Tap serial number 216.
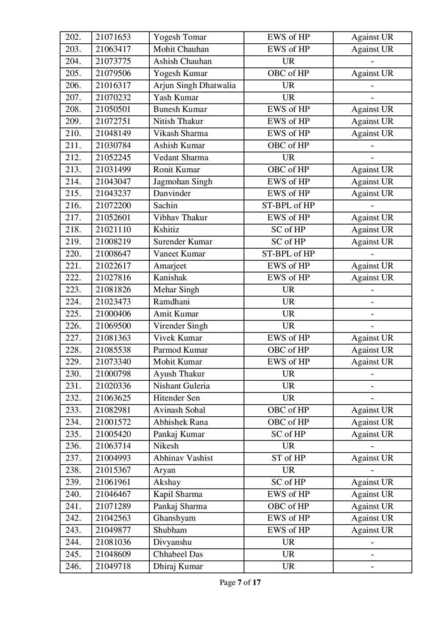(72, 206)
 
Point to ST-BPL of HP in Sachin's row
(288, 206)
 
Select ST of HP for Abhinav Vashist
(288, 458)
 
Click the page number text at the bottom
(240, 583)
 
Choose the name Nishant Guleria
(182, 386)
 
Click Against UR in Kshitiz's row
(372, 230)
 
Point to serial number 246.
(72, 566)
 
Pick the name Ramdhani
(172, 302)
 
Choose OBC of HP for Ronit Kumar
(288, 170)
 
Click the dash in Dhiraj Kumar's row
(372, 566)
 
